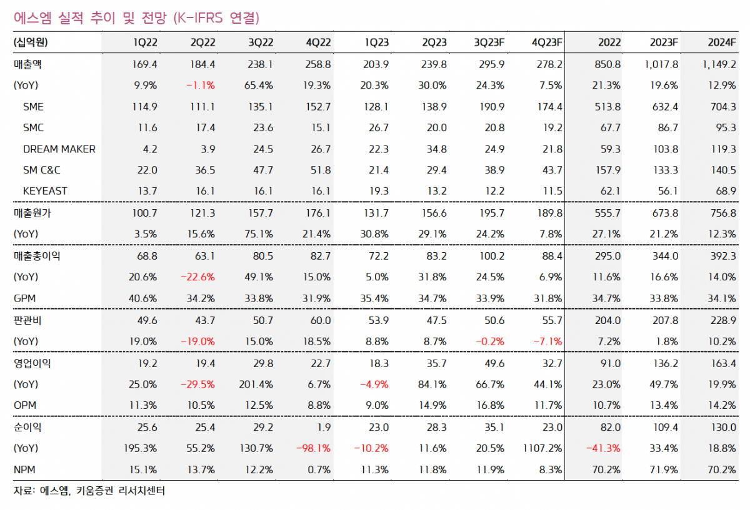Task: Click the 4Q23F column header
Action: point(547,42)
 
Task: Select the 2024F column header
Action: point(722,42)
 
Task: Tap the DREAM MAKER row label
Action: point(59,149)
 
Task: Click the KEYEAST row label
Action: point(45,192)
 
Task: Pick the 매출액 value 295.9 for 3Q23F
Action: point(491,64)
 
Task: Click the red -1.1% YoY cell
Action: point(202,85)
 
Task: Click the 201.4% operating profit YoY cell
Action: point(256,384)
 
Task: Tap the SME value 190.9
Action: point(491,107)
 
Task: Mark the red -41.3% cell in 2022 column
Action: point(606,448)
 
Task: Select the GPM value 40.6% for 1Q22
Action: point(143,298)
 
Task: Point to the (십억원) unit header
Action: point(31,42)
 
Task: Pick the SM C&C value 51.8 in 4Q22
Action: point(319,170)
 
